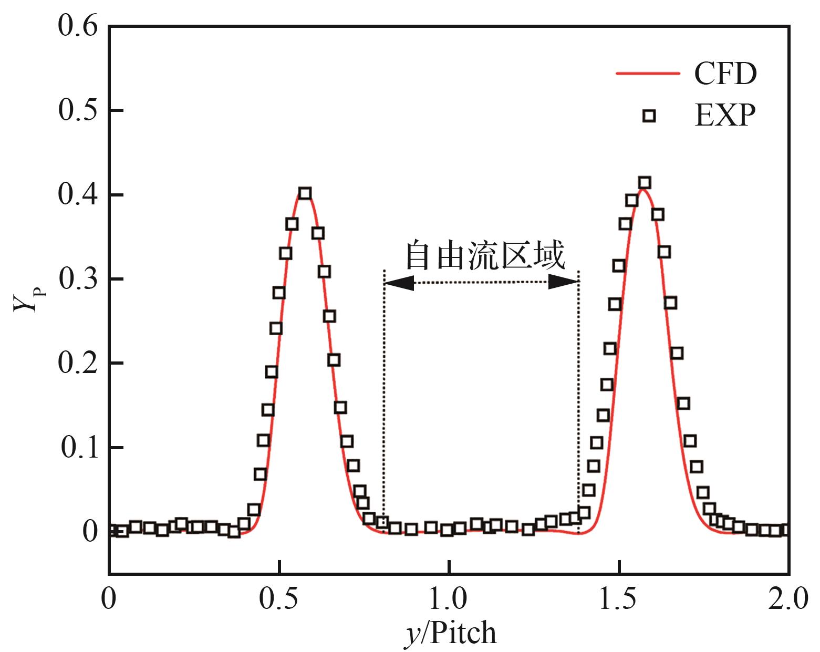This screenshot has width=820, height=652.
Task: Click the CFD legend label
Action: (725, 75)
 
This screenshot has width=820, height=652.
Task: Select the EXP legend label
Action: (725, 116)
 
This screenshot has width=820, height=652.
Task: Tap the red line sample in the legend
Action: (648, 75)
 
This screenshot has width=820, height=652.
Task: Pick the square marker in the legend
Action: (649, 116)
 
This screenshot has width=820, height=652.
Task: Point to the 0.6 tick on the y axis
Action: (78, 26)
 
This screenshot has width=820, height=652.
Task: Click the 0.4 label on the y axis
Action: (78, 195)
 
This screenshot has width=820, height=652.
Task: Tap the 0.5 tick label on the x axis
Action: (280, 599)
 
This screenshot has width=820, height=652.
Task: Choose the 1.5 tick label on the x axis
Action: (619, 599)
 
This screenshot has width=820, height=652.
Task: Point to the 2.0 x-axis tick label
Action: (788, 599)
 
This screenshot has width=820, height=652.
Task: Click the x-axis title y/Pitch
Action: (450, 633)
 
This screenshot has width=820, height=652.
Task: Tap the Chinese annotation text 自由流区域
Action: (485, 256)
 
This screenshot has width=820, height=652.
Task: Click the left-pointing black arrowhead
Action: (399, 283)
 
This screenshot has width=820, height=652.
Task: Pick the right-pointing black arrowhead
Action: (564, 282)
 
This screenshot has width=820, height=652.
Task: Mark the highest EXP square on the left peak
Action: (305, 193)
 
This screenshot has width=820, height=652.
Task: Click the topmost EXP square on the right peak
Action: (645, 183)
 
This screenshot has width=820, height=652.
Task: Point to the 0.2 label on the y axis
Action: (78, 364)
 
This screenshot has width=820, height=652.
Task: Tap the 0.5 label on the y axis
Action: (78, 110)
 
